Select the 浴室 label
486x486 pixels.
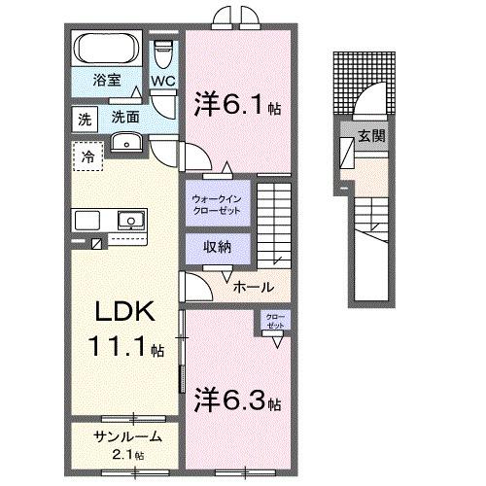(106, 81)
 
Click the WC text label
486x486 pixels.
(162, 83)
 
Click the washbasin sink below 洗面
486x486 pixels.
(126, 143)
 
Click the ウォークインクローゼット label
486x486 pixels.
(217, 203)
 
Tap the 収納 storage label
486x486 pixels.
(217, 247)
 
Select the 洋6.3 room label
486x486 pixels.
(239, 400)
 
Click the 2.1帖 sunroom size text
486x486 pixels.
(125, 455)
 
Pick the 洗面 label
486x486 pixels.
(124, 117)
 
